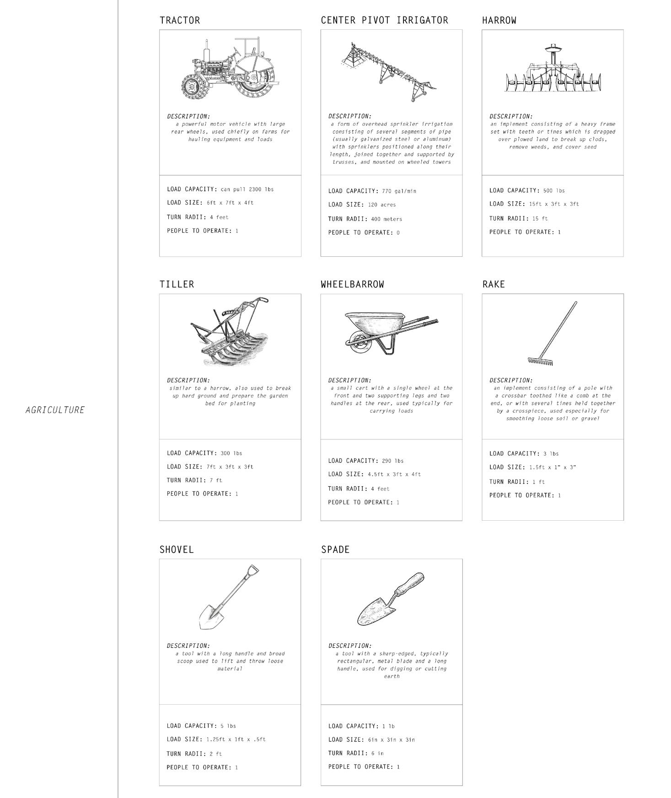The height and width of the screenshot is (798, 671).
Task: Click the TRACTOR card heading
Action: click(180, 20)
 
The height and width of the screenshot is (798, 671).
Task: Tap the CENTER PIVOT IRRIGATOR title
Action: click(384, 20)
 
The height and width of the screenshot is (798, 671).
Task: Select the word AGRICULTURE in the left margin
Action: click(55, 410)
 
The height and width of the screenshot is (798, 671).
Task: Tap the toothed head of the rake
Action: click(540, 361)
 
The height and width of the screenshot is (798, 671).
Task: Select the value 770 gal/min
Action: click(399, 191)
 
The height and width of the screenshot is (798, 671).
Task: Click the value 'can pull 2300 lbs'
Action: click(247, 189)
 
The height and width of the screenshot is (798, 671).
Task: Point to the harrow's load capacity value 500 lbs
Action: click(554, 191)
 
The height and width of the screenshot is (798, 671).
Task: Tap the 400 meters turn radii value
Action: click(386, 219)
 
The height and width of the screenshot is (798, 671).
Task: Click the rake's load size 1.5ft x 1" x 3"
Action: click(552, 468)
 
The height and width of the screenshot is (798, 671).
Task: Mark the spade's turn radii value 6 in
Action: click(377, 753)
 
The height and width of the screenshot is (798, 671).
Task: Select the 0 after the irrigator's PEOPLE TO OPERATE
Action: click(398, 233)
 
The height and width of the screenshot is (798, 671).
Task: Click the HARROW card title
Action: click(499, 20)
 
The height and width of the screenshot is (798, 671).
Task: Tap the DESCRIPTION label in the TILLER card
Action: click(188, 380)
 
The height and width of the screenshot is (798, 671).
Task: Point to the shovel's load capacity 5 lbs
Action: click(228, 726)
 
